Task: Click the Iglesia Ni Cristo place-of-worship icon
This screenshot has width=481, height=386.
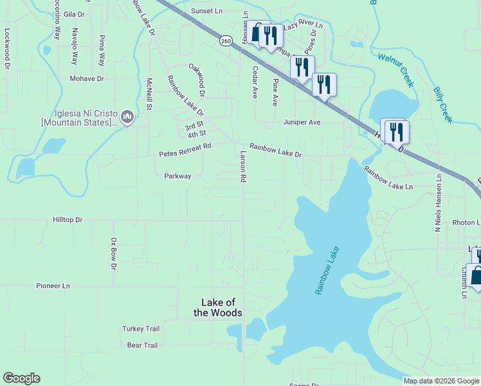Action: (x=127, y=116)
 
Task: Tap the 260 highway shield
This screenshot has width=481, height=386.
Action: (x=226, y=41)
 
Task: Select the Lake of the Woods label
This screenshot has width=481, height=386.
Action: (x=222, y=308)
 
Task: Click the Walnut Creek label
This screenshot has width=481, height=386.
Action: (x=395, y=70)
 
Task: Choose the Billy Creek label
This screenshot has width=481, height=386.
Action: (x=442, y=106)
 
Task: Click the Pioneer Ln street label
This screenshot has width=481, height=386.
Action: (x=53, y=286)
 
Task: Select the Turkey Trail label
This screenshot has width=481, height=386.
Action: (x=141, y=329)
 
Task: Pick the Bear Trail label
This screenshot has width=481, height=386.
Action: (x=142, y=345)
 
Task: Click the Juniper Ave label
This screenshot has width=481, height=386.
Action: (x=302, y=122)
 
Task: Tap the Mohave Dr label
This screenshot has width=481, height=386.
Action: (x=87, y=78)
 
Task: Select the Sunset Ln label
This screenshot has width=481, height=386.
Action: (x=206, y=11)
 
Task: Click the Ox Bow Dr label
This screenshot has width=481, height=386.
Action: (x=113, y=254)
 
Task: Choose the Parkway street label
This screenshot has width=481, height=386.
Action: (x=177, y=176)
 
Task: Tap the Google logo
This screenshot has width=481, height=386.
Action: (x=21, y=378)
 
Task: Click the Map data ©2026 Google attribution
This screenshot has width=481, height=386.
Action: (x=440, y=381)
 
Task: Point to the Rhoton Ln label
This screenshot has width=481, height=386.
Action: (x=465, y=223)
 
